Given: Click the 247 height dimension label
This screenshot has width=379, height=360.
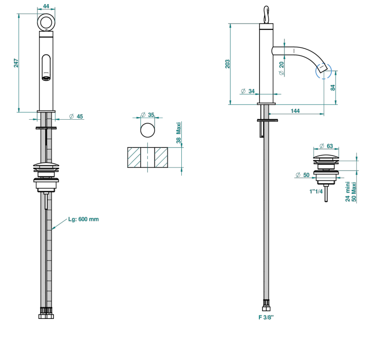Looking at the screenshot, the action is [x=16, y=63].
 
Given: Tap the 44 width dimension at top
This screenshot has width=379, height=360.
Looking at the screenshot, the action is [x=46, y=6].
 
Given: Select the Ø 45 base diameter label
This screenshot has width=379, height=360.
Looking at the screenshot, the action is [x=76, y=117].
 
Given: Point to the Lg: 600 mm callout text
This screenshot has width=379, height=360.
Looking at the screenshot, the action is [x=83, y=219].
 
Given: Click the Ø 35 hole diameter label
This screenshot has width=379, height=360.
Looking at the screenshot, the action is [x=147, y=115].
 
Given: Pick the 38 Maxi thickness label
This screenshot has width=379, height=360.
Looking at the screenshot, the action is [x=179, y=132].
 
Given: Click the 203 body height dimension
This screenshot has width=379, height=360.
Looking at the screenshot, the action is [x=228, y=64].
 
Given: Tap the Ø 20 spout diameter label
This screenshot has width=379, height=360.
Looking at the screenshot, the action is [x=281, y=68].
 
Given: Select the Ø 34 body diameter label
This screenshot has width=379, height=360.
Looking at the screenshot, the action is [x=248, y=91].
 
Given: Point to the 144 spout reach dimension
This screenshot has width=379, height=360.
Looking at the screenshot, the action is [x=295, y=111].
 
